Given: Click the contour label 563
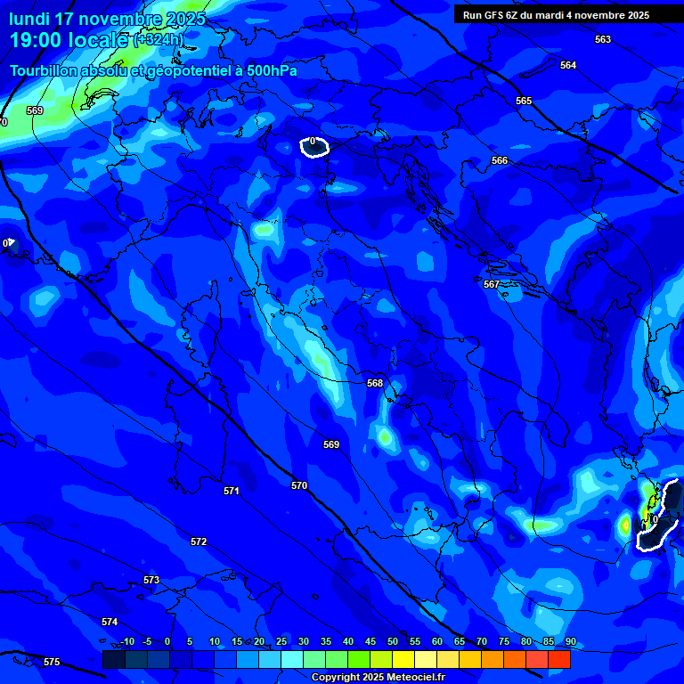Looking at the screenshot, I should tap(603, 39).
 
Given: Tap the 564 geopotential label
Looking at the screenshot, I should tap(568, 65).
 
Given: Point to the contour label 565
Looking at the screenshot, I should tap(524, 101).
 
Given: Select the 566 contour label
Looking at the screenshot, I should tap(500, 160).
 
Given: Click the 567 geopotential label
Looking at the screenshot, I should tap(492, 284).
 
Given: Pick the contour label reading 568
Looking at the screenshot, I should tap(375, 383).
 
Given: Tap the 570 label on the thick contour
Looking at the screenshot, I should tap(299, 485).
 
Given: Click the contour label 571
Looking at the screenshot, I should tap(232, 491).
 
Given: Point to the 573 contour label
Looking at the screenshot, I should tap(151, 580).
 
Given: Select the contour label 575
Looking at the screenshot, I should tap(52, 662).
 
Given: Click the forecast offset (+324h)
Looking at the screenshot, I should tap(159, 40).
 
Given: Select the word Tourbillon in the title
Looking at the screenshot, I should tap(45, 71).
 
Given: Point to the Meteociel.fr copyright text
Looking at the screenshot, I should tap(378, 678).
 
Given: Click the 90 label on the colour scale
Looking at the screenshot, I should tap(570, 641).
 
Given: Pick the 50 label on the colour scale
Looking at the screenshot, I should tap(394, 641).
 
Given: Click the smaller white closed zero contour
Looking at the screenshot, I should tap(314, 146).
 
